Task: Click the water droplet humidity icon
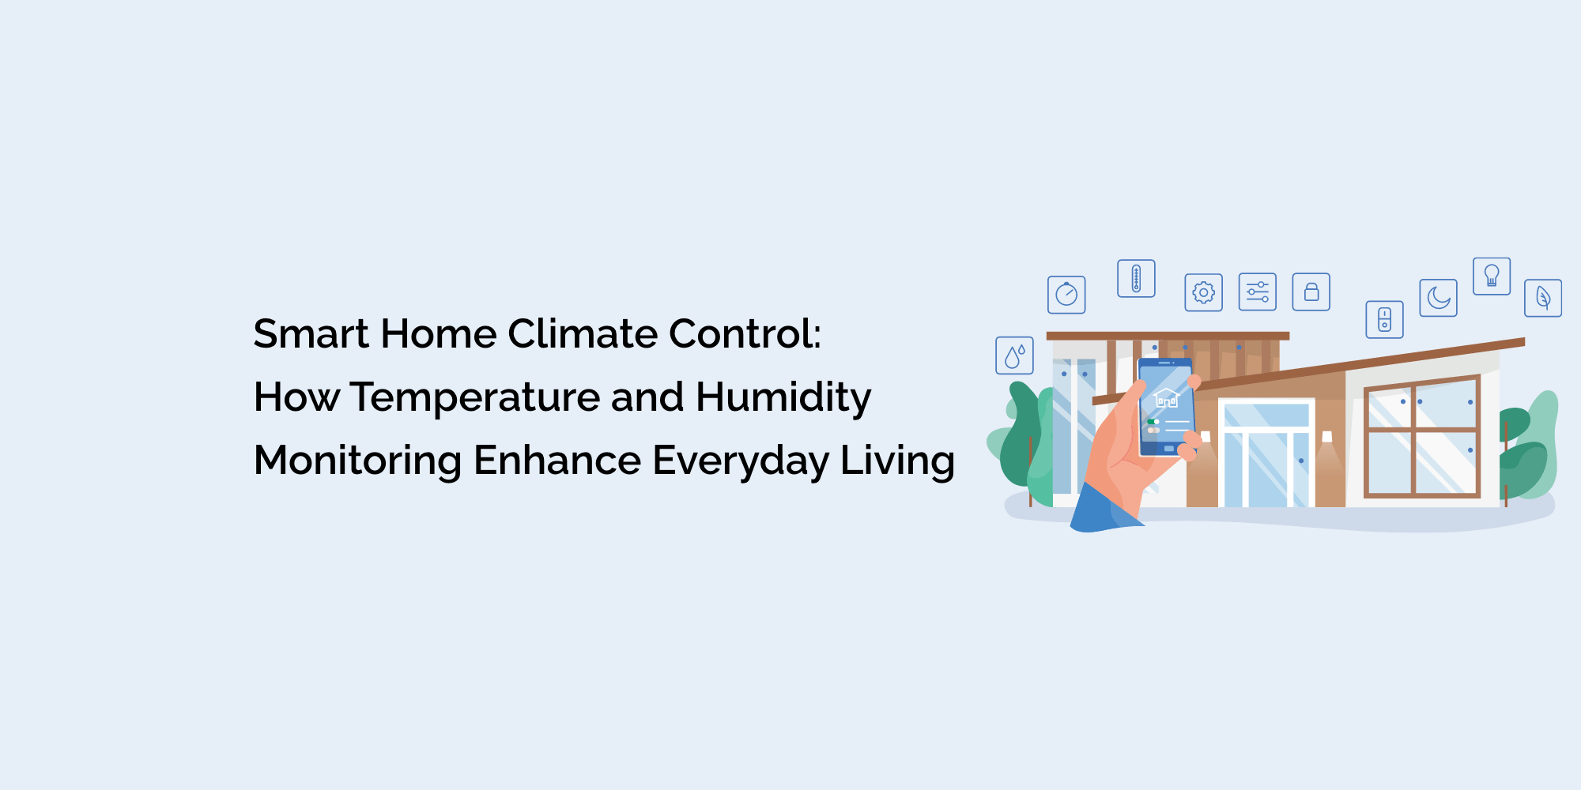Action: pos(1014,355)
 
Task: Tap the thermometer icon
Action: pos(1136,279)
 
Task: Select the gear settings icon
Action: pos(1203,292)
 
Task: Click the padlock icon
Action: pos(1311,292)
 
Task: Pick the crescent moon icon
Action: pos(1438,298)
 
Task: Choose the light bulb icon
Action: pos(1492,276)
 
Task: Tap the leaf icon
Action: pos(1542,298)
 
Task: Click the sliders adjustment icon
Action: pos(1257,292)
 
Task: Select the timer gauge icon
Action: pos(1066,295)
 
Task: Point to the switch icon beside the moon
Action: pos(1384,319)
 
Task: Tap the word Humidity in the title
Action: pos(783,397)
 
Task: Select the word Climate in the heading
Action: pos(582,333)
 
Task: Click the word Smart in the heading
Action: pos(311,333)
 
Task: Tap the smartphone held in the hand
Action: pos(1165,407)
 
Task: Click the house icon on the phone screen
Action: pos(1166,397)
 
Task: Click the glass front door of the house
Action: pos(1265,466)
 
